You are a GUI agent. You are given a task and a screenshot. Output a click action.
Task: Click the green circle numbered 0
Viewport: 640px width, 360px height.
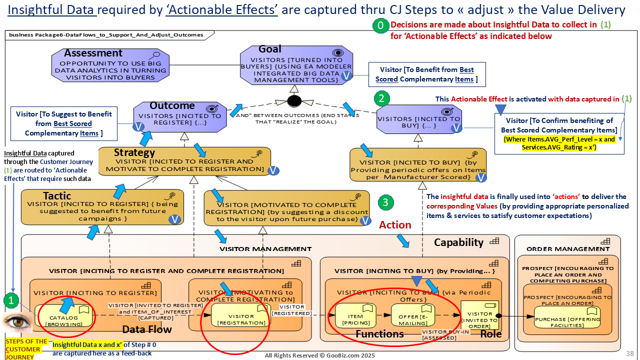[x=380, y=25]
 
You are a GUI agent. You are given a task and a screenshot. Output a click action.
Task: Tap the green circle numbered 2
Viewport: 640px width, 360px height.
[x=381, y=98]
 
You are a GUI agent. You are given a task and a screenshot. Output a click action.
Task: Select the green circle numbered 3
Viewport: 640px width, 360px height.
[x=385, y=202]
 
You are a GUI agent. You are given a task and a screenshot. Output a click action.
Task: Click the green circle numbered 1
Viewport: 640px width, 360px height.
[x=11, y=300]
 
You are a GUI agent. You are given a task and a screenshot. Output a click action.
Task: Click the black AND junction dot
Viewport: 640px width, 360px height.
[x=294, y=100]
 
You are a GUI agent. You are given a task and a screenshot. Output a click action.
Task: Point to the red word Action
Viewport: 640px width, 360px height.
[x=395, y=225]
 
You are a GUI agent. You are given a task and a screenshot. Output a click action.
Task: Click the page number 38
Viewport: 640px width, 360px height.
[x=630, y=353]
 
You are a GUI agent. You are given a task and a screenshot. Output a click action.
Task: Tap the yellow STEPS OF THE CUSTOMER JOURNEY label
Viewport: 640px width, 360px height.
[x=26, y=348]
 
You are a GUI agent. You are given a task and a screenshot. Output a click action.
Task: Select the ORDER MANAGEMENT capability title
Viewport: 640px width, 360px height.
[x=568, y=249]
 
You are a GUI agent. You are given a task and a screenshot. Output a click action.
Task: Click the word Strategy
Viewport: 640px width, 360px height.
[x=134, y=152]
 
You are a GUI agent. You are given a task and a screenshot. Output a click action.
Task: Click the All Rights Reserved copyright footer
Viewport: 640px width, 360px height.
[x=319, y=355]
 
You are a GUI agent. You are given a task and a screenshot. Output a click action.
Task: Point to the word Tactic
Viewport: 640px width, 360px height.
[x=56, y=196]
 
